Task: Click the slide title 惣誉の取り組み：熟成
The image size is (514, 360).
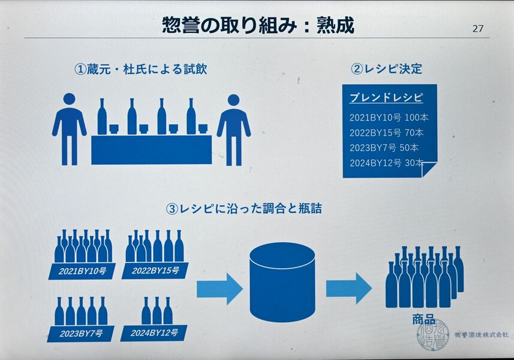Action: [x=258, y=25]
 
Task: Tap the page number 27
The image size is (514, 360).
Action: [x=478, y=29]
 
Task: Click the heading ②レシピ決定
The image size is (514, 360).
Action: [x=386, y=69]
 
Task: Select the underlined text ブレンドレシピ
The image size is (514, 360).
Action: [x=386, y=98]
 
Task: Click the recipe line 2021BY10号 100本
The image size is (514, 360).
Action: [x=389, y=118]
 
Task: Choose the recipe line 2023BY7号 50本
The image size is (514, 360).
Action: [x=384, y=148]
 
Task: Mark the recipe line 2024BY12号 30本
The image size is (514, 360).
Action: [x=386, y=163]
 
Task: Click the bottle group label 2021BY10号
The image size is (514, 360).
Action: [x=82, y=271]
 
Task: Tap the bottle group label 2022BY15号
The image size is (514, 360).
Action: [x=155, y=271]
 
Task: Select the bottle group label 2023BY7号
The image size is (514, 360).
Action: [x=81, y=334]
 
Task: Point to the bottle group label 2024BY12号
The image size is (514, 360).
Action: [x=154, y=333]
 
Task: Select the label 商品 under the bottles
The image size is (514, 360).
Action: [x=424, y=320]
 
